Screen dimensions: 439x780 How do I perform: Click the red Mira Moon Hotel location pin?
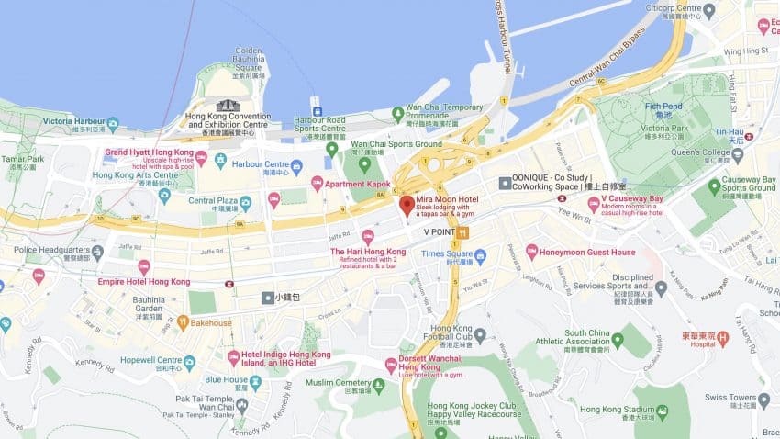(407, 205)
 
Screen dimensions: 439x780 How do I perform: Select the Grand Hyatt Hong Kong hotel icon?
(201, 157)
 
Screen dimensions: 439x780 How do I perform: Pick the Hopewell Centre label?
(150, 362)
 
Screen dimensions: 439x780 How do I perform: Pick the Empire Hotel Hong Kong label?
(144, 282)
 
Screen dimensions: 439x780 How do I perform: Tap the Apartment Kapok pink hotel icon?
(318, 184)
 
